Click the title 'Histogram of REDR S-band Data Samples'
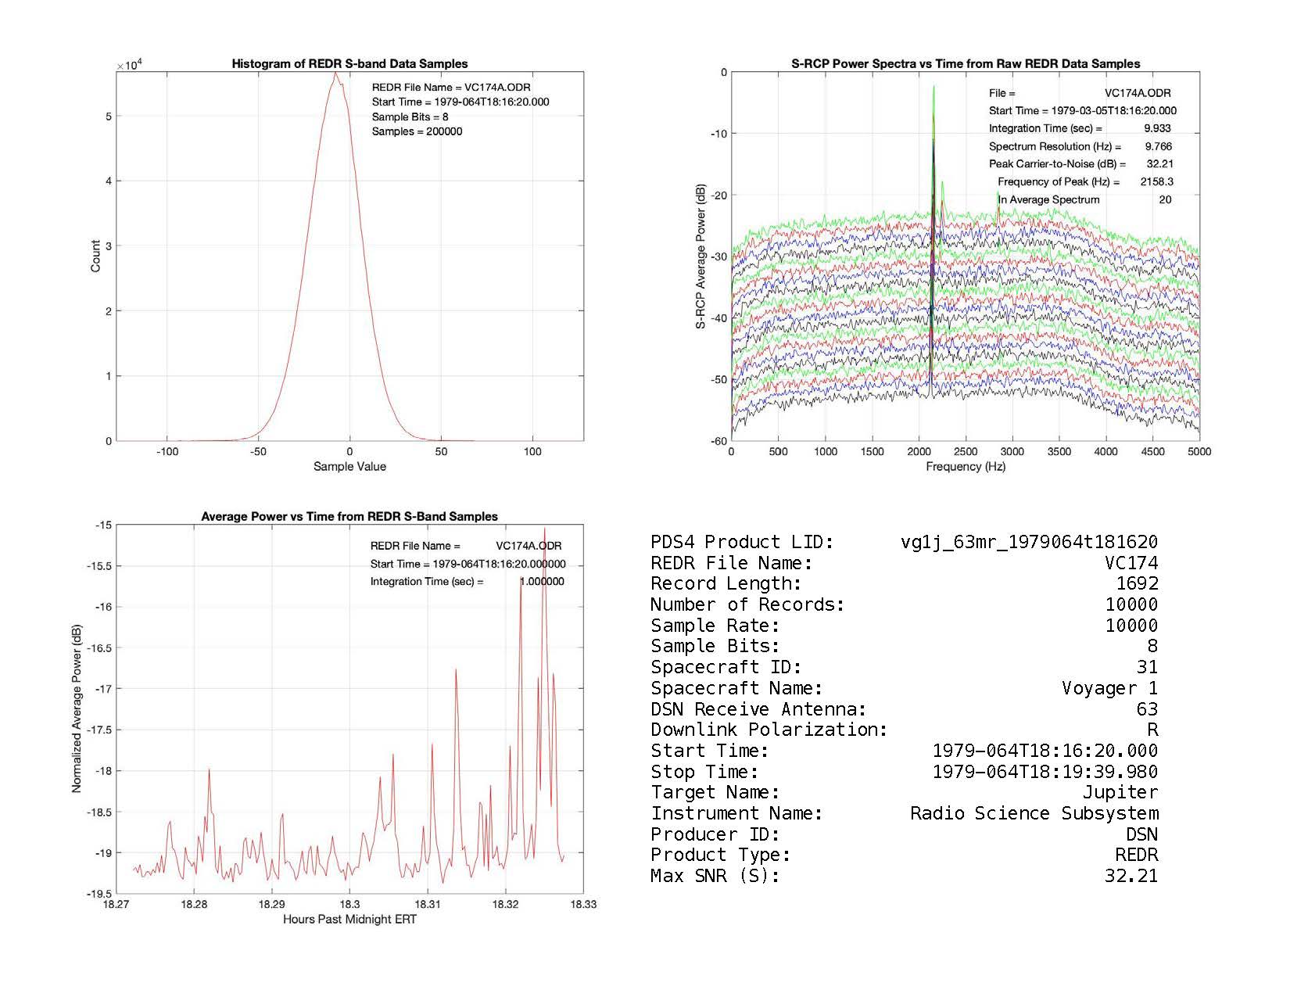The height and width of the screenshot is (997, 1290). click(349, 64)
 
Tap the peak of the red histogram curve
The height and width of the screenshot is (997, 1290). click(335, 73)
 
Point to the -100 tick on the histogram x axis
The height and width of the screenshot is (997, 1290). click(167, 452)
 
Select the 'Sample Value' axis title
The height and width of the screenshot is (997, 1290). click(349, 467)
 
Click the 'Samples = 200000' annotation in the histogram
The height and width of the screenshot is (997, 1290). click(417, 131)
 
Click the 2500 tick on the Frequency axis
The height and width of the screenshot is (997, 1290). click(966, 451)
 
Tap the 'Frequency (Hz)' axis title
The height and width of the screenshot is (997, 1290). click(966, 467)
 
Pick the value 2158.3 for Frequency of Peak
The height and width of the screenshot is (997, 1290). click(1156, 181)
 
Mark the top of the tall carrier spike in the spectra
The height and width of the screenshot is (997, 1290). click(933, 87)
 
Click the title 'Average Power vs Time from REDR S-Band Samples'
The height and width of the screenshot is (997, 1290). click(349, 517)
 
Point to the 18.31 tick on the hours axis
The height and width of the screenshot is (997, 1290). click(428, 905)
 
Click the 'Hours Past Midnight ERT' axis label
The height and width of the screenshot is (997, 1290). click(349, 920)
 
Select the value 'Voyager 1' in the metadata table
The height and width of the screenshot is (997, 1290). click(1109, 688)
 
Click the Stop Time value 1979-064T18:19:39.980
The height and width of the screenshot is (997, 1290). click(1045, 772)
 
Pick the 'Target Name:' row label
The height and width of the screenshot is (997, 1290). click(715, 792)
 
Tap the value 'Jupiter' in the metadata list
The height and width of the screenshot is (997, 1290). click(1120, 792)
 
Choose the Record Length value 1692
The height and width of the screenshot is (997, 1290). click(1137, 583)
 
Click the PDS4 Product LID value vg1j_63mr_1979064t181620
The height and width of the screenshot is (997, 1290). click(1029, 542)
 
